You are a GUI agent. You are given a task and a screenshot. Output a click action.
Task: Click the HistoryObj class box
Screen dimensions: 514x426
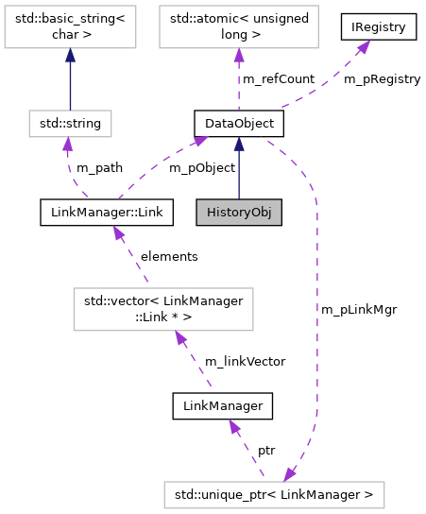[x=239, y=212]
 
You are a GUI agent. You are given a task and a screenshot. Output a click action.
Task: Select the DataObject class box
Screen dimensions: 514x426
[x=239, y=122]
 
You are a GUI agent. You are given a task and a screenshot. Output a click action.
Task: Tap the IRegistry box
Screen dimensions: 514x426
[x=379, y=27]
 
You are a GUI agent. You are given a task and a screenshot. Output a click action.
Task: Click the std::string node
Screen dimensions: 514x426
[x=71, y=122]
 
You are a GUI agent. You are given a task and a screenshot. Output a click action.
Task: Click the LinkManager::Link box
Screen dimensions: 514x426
[x=102, y=212]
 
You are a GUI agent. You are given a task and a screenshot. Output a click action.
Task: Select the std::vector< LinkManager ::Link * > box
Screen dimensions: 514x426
[x=164, y=309]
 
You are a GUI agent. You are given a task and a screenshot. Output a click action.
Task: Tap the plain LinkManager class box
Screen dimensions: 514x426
[x=223, y=406]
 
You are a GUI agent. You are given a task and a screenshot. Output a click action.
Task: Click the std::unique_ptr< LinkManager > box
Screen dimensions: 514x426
[x=274, y=493]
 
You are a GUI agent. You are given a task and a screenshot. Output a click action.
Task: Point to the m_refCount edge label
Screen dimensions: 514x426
[x=279, y=79]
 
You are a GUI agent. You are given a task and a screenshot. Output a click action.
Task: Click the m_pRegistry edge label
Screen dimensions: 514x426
[x=382, y=79]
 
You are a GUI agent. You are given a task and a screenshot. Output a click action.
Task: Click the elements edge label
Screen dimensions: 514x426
[x=169, y=256]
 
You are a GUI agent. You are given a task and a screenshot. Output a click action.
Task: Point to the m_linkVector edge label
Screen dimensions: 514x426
[x=246, y=361]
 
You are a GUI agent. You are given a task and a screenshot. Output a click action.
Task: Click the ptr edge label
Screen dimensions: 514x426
[x=266, y=450]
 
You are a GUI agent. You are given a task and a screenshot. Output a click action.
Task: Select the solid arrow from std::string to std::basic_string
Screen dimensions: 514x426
[x=71, y=80]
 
